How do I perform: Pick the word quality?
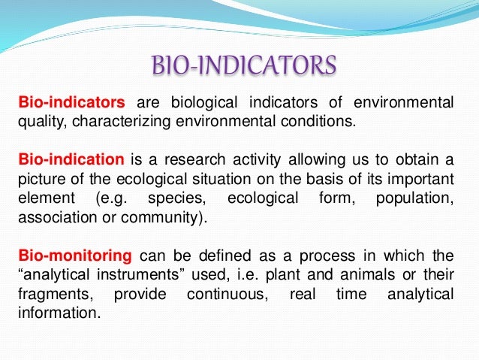[38, 121]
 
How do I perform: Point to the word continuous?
[223, 294]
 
